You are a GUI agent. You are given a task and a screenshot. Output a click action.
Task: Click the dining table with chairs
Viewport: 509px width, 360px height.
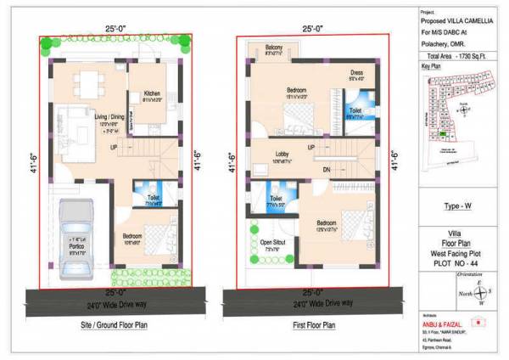[87, 84]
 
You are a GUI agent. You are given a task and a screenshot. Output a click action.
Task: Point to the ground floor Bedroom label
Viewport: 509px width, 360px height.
[133, 236]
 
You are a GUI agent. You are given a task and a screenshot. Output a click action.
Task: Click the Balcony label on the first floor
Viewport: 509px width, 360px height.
[273, 48]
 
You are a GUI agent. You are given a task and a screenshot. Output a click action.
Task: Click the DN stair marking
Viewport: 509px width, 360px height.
[327, 171]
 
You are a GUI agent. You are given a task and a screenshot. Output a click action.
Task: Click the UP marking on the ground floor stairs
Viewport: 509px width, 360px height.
[114, 148]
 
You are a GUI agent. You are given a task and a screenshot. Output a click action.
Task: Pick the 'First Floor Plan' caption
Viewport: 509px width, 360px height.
[313, 325]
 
